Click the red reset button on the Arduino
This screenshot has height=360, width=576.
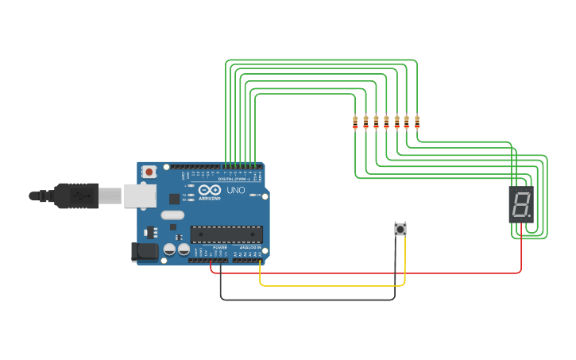(149, 171)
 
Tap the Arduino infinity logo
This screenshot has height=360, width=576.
(210, 191)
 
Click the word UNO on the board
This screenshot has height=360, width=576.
(236, 191)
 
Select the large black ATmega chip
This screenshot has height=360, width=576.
(226, 234)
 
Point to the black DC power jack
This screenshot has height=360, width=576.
(145, 251)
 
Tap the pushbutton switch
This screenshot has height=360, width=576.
(400, 229)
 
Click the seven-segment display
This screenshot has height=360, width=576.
(520, 205)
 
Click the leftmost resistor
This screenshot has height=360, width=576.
(355, 122)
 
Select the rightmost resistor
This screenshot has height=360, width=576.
(417, 122)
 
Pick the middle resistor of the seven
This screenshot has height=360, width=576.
(386, 122)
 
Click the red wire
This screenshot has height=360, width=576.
(365, 273)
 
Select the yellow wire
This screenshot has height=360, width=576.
(334, 285)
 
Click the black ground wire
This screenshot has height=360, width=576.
(310, 300)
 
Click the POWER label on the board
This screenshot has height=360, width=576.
(220, 247)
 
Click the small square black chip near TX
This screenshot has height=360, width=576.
(174, 199)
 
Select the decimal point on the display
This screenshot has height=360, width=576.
(529, 215)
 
